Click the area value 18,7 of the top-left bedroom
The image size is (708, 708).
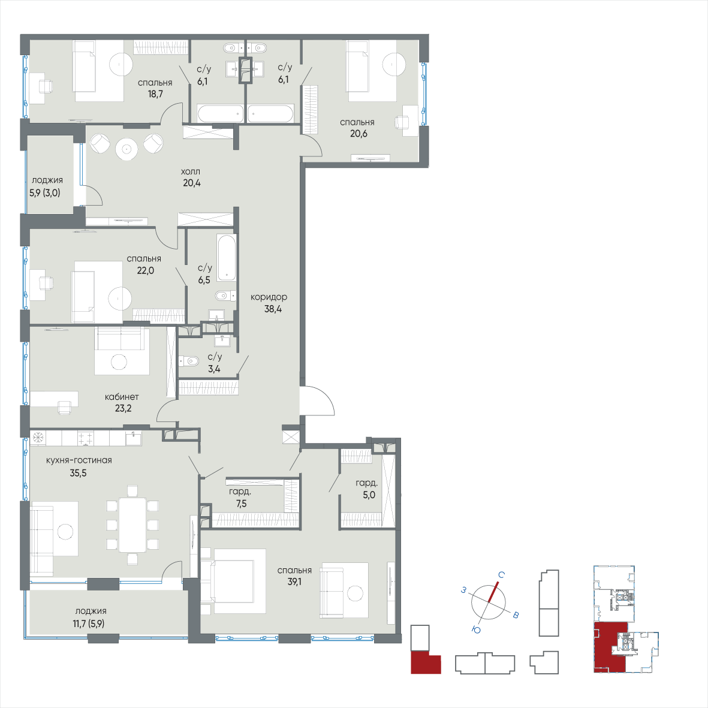pyautogui.click(x=155, y=94)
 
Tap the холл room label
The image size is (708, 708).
pyautogui.click(x=191, y=171)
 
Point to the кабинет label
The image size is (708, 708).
pyautogui.click(x=122, y=397)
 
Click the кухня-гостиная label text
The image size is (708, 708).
pyautogui.click(x=79, y=460)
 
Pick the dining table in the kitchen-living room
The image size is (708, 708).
pyautogui.click(x=132, y=525)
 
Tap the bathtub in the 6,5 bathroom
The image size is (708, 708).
pyautogui.click(x=227, y=257)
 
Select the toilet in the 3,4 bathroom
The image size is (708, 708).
pyautogui.click(x=191, y=361)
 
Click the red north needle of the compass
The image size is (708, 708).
pyautogui.click(x=493, y=593)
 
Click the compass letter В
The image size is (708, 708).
pyautogui.click(x=515, y=615)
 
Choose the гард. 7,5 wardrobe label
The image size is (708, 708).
pyautogui.click(x=240, y=492)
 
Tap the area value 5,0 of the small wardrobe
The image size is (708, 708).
pyautogui.click(x=369, y=495)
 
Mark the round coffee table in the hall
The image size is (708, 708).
pyautogui.click(x=126, y=149)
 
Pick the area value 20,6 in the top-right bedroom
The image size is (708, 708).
pyautogui.click(x=358, y=134)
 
